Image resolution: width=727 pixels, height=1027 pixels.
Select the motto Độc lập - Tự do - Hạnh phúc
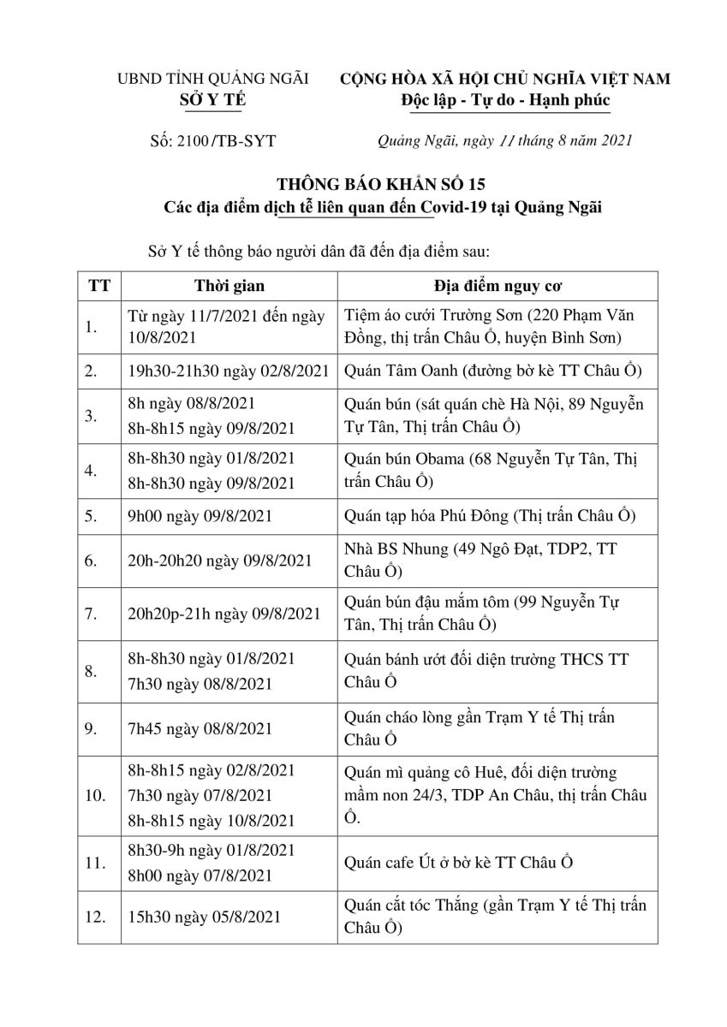505,100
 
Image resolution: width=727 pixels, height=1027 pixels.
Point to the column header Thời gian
229,286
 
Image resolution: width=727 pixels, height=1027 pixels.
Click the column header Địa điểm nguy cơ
498,286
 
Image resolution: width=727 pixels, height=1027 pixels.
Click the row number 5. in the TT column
94,517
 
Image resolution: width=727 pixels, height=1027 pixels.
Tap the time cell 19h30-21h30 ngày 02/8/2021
229,371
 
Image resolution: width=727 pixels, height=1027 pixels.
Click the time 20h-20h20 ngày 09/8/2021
218,561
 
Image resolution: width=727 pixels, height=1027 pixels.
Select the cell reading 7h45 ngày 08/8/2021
200,729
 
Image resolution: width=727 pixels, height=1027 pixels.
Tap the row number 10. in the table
96,796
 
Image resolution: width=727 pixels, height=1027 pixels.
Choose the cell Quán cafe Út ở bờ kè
457,862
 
